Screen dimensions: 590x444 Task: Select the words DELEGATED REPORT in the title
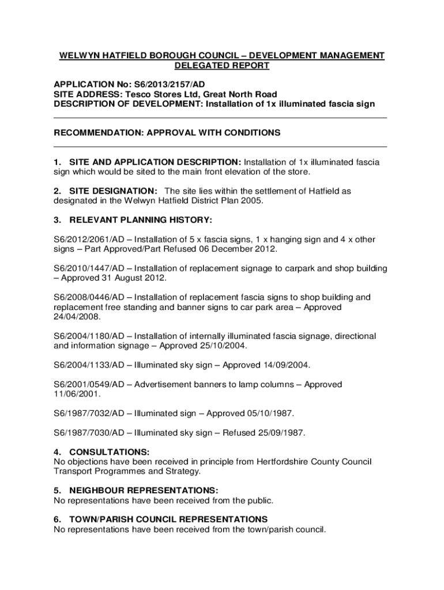222,66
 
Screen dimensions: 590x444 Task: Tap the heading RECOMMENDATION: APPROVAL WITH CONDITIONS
167,133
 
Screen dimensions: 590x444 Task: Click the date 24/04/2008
77,317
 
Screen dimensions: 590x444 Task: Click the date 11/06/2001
77,395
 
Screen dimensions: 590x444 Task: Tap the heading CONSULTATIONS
110,452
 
